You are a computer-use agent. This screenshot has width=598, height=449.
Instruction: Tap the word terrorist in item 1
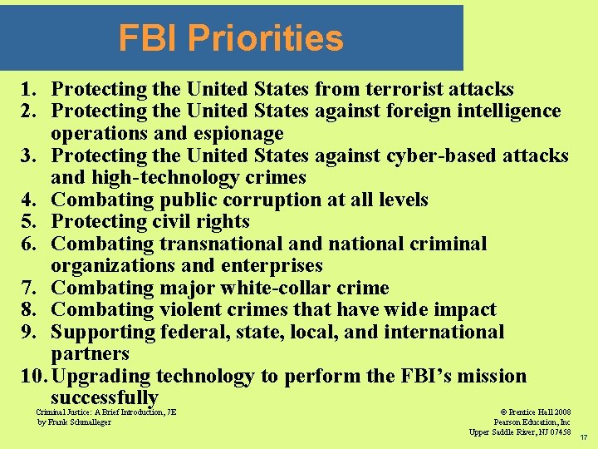click(x=407, y=89)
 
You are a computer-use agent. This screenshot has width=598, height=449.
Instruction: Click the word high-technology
click(x=147, y=177)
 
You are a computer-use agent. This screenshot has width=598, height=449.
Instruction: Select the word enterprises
click(x=272, y=265)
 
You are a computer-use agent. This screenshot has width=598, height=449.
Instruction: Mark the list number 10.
click(x=31, y=376)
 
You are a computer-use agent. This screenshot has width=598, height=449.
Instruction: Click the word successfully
click(x=105, y=397)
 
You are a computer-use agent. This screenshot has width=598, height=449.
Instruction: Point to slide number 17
click(x=584, y=437)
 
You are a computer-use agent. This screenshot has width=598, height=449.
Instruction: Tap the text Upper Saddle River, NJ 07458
click(x=520, y=432)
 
